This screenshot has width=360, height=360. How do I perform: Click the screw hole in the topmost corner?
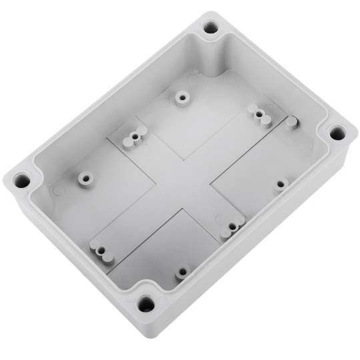click(211, 27)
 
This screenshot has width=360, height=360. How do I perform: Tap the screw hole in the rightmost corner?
click(337, 132)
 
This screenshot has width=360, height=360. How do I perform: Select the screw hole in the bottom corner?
click(146, 305)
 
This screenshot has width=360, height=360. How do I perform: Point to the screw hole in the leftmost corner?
click(22, 179)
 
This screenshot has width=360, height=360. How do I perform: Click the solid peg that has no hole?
click(291, 122)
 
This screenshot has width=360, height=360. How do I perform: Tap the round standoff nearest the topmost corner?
click(181, 97)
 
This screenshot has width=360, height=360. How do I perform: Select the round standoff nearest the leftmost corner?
click(85, 179)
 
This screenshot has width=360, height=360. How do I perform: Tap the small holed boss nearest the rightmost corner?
click(281, 183)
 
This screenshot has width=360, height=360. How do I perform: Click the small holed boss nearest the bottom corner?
click(181, 272)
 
